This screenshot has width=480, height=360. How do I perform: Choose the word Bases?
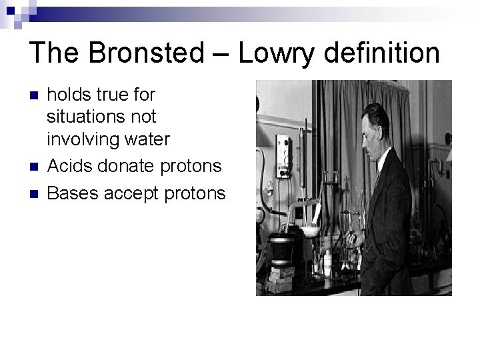(70, 193)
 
